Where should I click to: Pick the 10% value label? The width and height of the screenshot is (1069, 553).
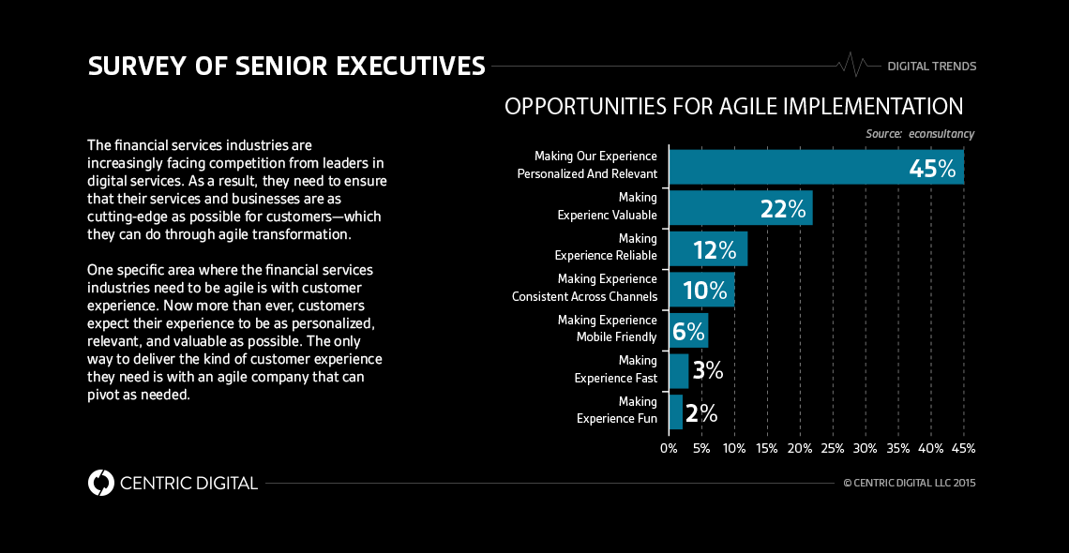pyautogui.click(x=705, y=291)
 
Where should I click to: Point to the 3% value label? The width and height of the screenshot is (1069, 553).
pyautogui.click(x=707, y=371)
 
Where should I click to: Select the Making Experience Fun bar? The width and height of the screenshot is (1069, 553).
pyautogui.click(x=675, y=412)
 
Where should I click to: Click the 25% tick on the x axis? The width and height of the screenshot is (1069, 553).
pyautogui.click(x=832, y=448)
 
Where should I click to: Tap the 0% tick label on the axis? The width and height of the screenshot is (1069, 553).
pyautogui.click(x=669, y=448)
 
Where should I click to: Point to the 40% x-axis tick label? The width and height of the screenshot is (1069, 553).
pyautogui.click(x=930, y=448)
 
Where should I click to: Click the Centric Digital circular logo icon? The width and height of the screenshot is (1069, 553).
pyautogui.click(x=100, y=483)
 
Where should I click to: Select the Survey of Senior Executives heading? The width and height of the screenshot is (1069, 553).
pyautogui.click(x=286, y=66)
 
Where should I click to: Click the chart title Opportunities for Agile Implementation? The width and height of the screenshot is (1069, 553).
pyautogui.click(x=733, y=106)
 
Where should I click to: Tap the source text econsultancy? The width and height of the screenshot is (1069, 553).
pyautogui.click(x=941, y=134)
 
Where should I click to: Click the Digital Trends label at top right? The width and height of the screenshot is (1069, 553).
pyautogui.click(x=931, y=67)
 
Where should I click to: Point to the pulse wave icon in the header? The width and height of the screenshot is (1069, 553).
pyautogui.click(x=854, y=65)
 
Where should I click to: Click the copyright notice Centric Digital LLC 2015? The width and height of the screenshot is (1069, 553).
pyautogui.click(x=909, y=484)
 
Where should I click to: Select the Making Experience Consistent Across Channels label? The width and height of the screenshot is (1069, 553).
pyautogui.click(x=584, y=288)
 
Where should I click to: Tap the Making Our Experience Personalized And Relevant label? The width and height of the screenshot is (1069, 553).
pyautogui.click(x=586, y=165)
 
